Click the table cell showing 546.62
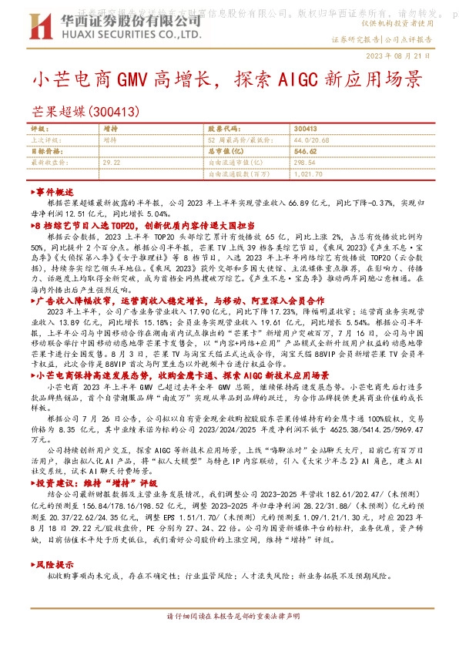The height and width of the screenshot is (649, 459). tap(307, 153)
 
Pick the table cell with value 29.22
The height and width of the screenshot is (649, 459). tap(112, 163)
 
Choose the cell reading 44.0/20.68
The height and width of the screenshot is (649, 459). tap(313, 141)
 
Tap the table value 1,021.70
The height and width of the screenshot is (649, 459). tap(308, 174)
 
